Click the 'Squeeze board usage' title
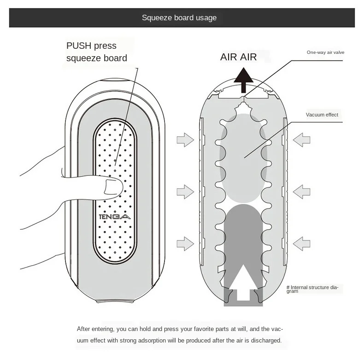click(179, 18)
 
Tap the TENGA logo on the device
click(115, 216)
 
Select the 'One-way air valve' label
click(325, 52)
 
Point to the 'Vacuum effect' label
click(322, 115)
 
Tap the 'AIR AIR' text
click(238, 57)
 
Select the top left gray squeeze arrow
click(185, 139)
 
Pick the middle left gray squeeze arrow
click(185, 191)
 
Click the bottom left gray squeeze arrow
click(185, 243)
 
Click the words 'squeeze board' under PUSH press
click(96, 58)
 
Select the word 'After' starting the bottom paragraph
click(84, 329)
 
